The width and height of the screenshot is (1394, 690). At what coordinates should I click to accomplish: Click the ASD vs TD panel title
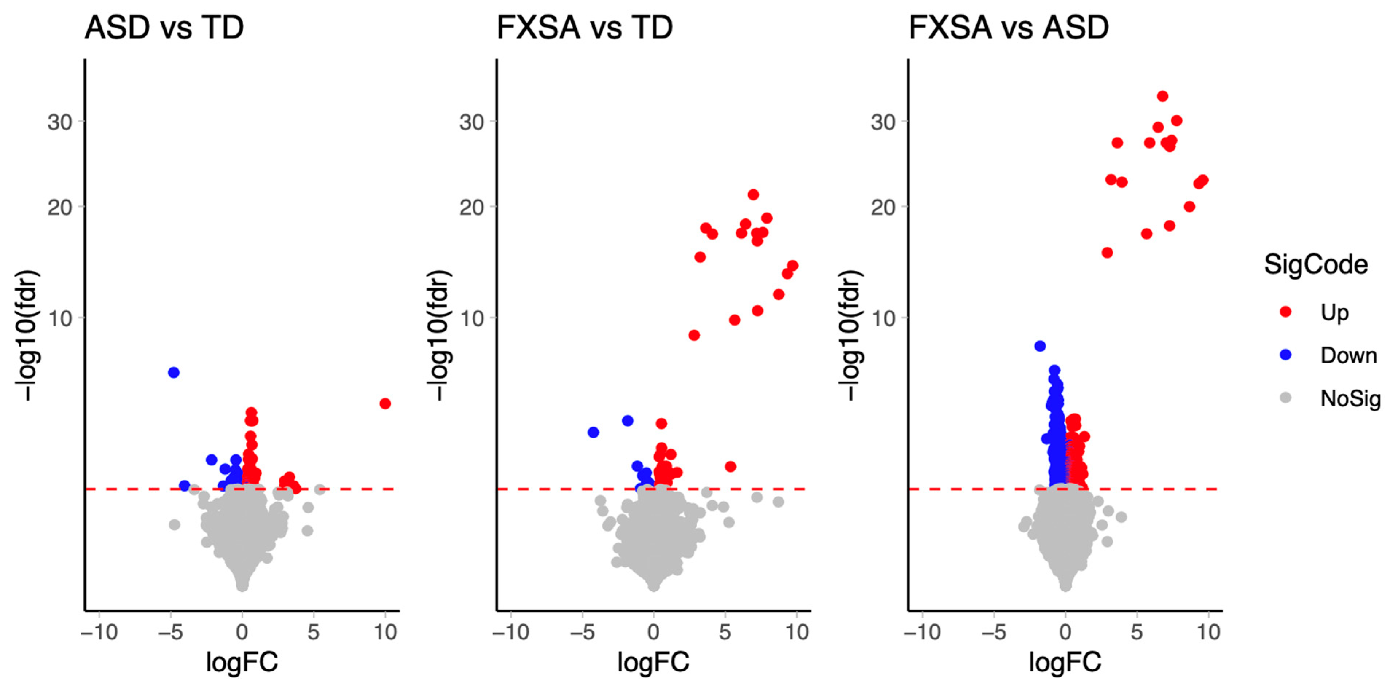tap(164, 28)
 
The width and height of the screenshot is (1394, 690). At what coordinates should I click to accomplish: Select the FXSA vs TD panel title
tap(584, 28)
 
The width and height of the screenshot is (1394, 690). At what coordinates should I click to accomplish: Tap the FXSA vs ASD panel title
tap(1009, 28)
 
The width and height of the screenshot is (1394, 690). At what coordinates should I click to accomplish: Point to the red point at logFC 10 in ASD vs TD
tap(385, 403)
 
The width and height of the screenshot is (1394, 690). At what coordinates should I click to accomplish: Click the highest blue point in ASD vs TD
tap(174, 372)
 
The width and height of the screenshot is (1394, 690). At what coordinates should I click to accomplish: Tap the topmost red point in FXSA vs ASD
tap(1162, 96)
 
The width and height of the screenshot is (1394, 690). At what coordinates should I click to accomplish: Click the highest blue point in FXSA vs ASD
tap(1040, 346)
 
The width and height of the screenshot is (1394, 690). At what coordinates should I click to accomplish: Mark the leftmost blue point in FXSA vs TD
tap(593, 433)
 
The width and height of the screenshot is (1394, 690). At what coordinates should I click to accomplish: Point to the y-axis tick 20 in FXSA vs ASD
tap(883, 207)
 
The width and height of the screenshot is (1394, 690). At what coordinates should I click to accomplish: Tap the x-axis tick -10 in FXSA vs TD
tap(510, 632)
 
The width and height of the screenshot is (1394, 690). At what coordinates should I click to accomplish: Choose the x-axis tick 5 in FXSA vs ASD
tap(1137, 632)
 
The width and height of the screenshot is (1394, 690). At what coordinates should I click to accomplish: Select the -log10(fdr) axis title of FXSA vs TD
tap(438, 335)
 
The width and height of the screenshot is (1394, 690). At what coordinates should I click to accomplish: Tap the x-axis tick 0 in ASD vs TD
tap(242, 632)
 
